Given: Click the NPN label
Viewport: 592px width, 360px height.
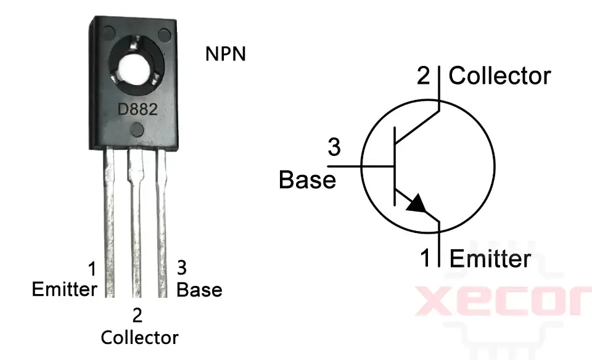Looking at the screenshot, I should click(225, 54).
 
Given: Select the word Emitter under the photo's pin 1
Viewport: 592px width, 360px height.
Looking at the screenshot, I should click(64, 289).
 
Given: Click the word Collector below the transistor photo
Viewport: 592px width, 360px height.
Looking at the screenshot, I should click(139, 337).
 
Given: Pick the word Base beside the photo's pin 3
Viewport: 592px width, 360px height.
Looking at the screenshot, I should click(199, 289).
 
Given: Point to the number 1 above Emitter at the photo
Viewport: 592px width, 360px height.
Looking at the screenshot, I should click(92, 269).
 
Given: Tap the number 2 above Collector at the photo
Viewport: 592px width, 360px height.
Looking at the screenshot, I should click(138, 316).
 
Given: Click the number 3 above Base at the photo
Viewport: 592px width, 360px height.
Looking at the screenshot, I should click(182, 268).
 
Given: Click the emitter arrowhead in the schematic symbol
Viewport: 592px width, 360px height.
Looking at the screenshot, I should click(418, 204).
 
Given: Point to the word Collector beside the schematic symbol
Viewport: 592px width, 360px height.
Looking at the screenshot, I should click(499, 76).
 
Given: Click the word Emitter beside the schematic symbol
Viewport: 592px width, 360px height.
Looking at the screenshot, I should click(490, 258).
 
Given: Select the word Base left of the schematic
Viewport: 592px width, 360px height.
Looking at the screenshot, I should click(307, 180).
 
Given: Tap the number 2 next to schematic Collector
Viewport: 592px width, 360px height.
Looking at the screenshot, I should click(424, 76).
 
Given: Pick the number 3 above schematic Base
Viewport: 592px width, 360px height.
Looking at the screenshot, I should click(334, 148).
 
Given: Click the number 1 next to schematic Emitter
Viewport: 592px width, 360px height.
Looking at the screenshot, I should click(425, 258).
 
